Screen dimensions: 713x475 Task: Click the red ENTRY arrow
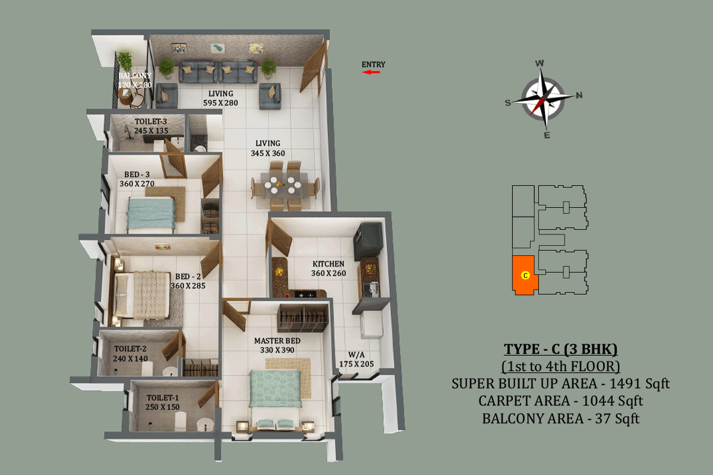pos(371,72)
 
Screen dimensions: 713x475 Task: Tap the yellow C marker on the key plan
pos(525,275)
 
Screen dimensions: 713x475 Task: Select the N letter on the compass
pos(579,95)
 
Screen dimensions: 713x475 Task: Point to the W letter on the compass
pos(540,64)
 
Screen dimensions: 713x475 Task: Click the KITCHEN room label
pos(329,264)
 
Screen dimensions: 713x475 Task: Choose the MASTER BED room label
pos(277,341)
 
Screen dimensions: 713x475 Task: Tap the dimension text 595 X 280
pos(220,103)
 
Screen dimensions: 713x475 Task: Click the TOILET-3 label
pos(151,121)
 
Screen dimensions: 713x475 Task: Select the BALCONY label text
pos(135,76)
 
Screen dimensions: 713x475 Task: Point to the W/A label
pos(356,354)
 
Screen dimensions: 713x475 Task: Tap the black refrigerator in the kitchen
pos(368,240)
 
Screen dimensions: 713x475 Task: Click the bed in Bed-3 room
pos(151,213)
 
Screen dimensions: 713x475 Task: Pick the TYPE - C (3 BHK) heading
pos(560,349)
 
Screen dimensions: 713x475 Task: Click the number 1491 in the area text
pos(624,384)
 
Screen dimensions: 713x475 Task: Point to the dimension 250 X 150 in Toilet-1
pos(163,407)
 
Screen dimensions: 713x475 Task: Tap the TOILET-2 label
pos(130,349)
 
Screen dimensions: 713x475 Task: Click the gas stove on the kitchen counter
pos(305,294)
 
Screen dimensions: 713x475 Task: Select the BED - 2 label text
pos(188,277)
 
